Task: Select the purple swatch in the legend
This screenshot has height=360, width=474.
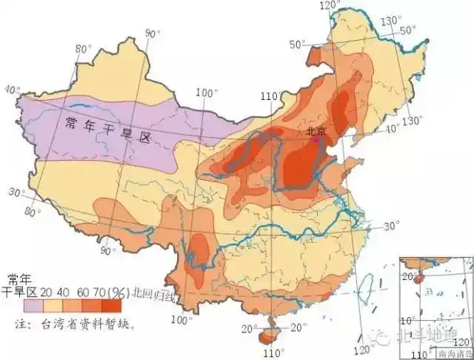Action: tap(33, 304)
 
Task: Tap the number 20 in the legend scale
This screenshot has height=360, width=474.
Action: tap(45, 291)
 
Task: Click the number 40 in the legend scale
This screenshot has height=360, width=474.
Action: tap(64, 291)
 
